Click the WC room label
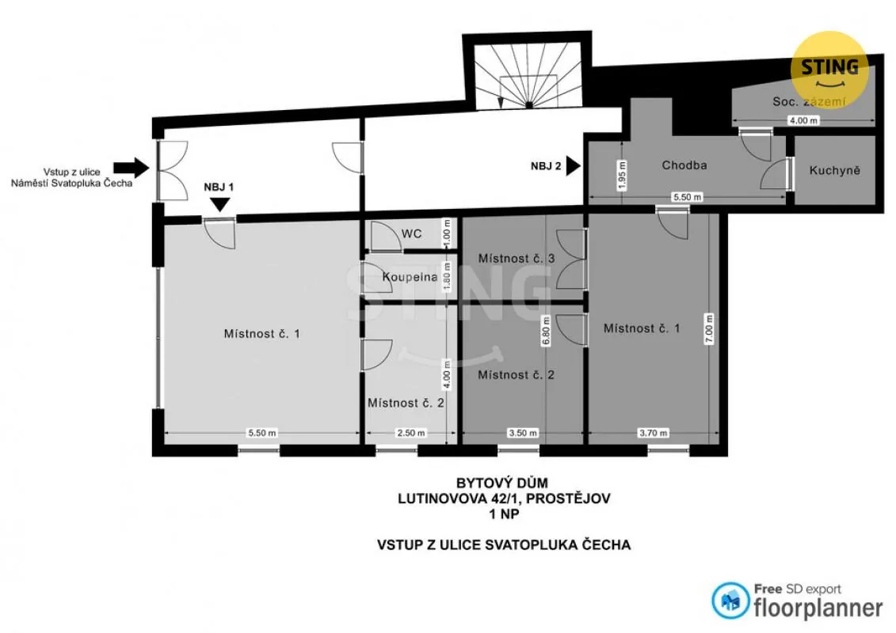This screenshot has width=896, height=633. point(411,233)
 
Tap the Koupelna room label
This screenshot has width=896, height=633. point(410,278)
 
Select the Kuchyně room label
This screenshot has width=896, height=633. point(834,170)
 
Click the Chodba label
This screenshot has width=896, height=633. point(684,165)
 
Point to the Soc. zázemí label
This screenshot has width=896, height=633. point(809,101)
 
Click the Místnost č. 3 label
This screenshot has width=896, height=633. point(516,259)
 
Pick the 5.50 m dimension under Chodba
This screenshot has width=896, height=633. point(687,197)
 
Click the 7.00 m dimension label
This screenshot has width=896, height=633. point(709,328)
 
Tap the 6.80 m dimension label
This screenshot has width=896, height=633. point(546,331)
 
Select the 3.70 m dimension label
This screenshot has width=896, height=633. point(653,434)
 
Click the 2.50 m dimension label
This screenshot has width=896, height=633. point(410,434)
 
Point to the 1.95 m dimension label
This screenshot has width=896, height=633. point(622,175)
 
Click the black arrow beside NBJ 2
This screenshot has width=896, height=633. point(573,167)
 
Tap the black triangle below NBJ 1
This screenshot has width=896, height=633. point(220,204)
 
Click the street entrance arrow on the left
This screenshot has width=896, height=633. point(131,167)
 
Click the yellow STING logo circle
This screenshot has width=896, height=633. point(829,70)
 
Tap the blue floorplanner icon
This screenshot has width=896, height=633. point(730,601)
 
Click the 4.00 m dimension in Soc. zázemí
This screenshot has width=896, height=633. point(803,120)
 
